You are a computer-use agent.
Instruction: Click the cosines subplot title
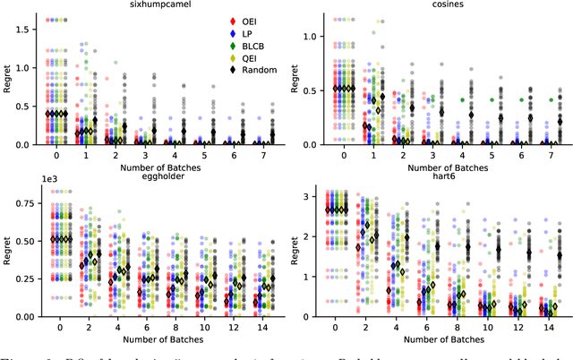pyautogui.click(x=435, y=5)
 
